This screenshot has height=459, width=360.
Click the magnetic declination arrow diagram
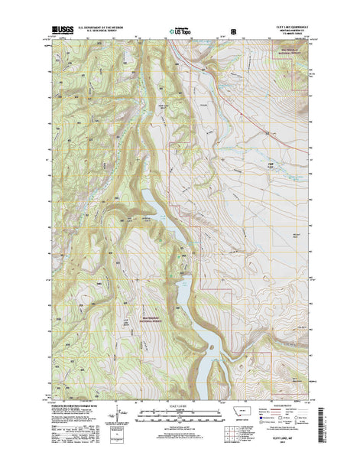tap(114, 413)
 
